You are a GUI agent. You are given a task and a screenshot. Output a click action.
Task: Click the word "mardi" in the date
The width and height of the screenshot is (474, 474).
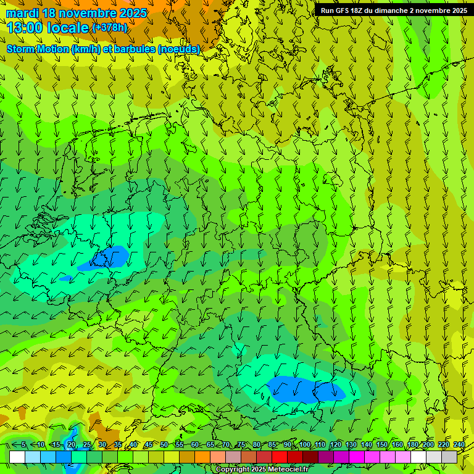(22, 13)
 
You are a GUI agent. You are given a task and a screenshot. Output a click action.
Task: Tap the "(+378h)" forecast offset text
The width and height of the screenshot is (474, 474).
(109, 27)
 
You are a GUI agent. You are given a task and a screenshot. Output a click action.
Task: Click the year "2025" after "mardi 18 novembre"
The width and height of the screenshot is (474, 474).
(132, 13)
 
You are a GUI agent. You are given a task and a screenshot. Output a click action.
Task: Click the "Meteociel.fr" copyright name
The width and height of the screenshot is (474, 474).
(288, 470)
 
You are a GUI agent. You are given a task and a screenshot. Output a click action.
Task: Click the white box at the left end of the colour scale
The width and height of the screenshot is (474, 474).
(17, 457)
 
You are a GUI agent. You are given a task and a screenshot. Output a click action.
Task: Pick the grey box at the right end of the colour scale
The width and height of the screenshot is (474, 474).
(449, 457)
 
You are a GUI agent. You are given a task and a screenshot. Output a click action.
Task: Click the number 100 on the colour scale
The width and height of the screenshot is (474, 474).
(304, 444)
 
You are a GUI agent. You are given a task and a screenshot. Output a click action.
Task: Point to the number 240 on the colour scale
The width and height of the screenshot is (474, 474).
(459, 444)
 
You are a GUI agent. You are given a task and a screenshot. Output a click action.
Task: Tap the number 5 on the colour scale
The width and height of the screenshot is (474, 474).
(23, 444)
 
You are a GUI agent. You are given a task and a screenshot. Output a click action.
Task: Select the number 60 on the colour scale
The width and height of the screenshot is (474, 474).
(195, 444)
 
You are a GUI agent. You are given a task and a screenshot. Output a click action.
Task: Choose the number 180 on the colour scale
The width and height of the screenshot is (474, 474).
(412, 444)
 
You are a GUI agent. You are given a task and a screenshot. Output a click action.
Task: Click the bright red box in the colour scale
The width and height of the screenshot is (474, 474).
(280, 457)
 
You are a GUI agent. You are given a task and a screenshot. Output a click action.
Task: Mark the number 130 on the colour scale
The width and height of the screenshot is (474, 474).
(351, 444)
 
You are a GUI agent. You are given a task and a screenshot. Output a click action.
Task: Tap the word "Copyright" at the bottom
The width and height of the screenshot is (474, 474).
(233, 470)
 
